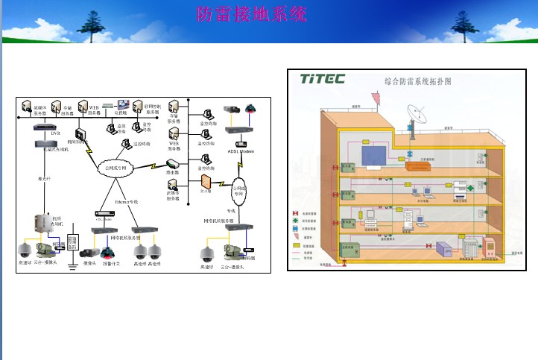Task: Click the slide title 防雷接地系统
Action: point(251,15)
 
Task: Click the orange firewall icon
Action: point(206,181)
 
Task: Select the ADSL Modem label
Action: point(241,151)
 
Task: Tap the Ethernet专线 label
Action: point(127,201)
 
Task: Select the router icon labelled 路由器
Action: point(173,163)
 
